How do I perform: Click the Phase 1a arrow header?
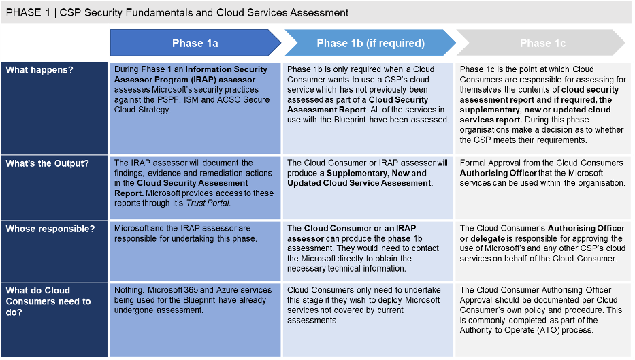pos(195,44)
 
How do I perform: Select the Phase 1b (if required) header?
pos(370,44)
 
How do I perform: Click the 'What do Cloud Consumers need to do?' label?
pos(48,301)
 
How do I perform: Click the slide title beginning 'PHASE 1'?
pos(177,12)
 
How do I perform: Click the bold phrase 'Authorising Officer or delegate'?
pos(542,233)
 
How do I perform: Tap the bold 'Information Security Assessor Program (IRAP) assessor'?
pos(197,75)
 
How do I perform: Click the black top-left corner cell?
pos(54,44)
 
